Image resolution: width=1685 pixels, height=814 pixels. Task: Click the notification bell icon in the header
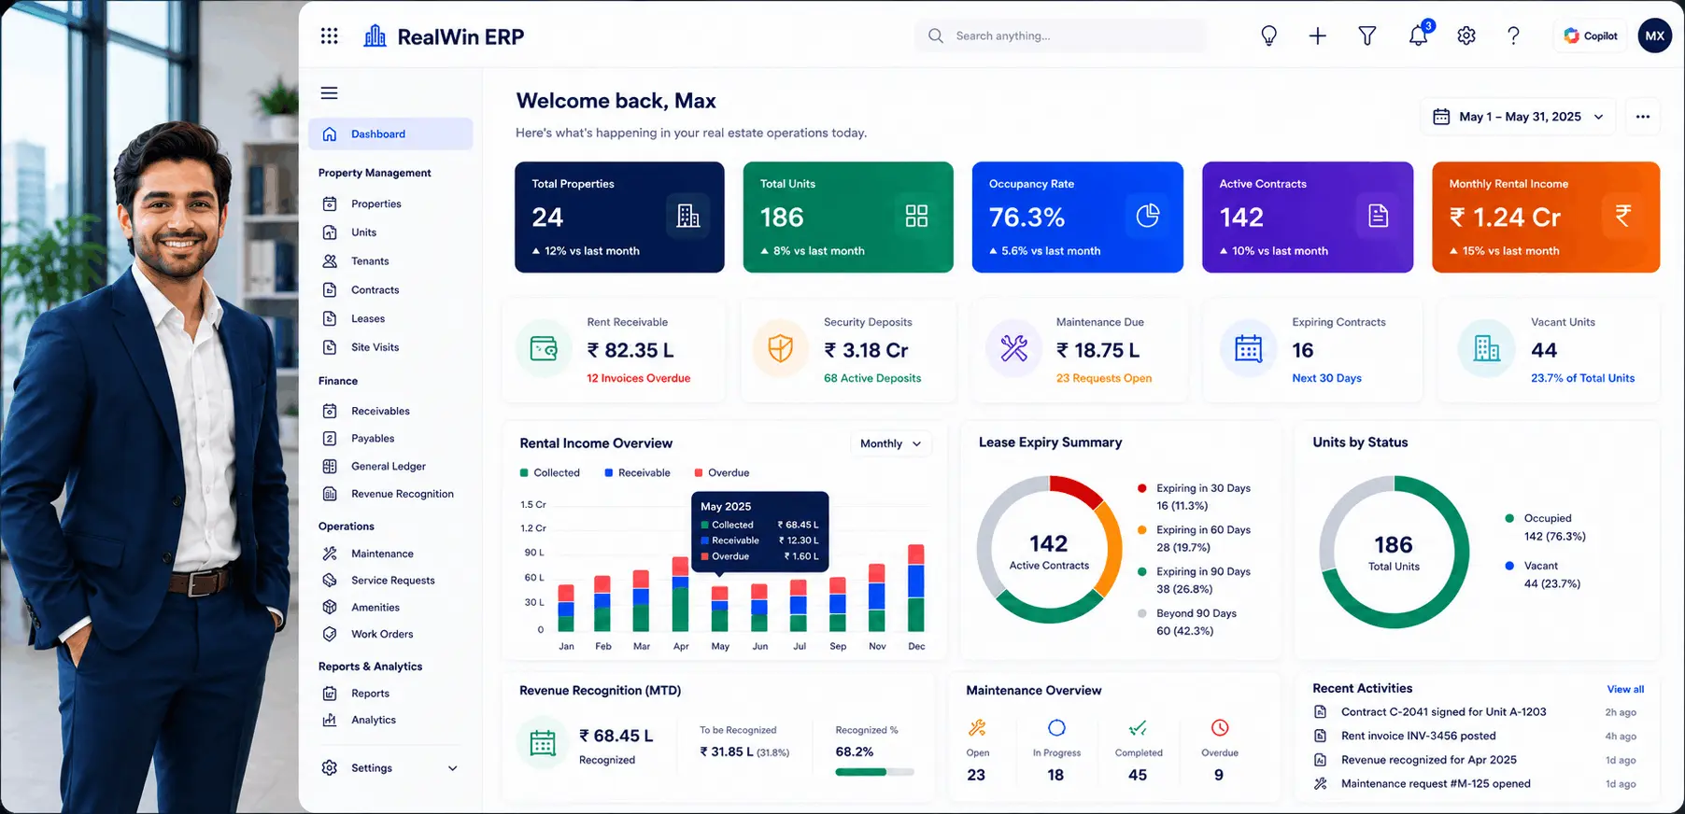tap(1418, 35)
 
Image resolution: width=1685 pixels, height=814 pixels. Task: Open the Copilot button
tap(1590, 35)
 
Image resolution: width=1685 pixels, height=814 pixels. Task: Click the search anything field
tap(1060, 35)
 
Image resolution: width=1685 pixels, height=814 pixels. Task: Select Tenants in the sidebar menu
tap(370, 261)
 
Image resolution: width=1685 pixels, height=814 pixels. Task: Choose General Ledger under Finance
tap(389, 466)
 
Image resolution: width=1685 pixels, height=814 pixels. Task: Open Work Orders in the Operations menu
tap(382, 634)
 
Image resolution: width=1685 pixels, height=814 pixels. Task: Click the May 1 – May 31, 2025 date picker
tap(1519, 117)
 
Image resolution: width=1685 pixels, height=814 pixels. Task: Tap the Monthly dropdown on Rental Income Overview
tap(890, 443)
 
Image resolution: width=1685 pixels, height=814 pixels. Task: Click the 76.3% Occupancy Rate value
tap(1027, 218)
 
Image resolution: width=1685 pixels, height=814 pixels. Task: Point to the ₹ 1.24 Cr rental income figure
tap(1504, 218)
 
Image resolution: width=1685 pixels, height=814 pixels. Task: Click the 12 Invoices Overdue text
tap(639, 378)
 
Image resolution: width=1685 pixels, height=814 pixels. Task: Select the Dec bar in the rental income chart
tap(916, 587)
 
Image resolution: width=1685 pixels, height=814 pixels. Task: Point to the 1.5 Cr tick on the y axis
tap(533, 504)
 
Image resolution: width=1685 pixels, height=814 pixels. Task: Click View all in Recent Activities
tap(1625, 689)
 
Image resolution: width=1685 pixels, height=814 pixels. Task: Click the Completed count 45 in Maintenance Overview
tap(1138, 775)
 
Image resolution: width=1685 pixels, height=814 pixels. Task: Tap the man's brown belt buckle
tap(200, 584)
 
